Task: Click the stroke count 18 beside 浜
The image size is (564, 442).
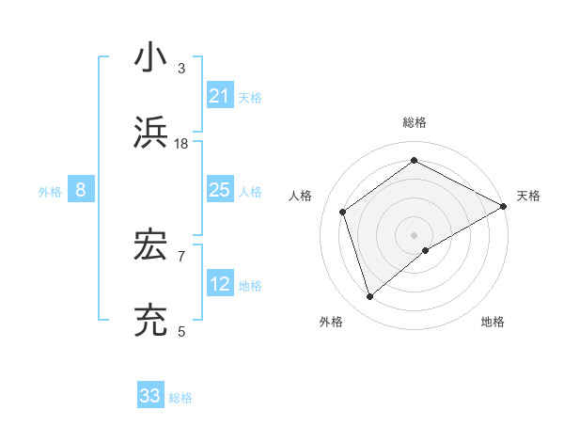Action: point(181,144)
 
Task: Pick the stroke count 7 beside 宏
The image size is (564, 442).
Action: point(181,256)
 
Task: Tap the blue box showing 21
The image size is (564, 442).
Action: point(220,96)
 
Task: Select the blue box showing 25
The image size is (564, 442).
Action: point(220,190)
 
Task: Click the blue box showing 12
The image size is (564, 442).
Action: point(220,284)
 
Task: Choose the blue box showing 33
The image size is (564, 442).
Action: point(150,396)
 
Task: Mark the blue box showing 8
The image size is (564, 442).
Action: point(81,190)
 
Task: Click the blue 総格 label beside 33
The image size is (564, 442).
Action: point(181,398)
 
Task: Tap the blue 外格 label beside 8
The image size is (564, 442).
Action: point(50,192)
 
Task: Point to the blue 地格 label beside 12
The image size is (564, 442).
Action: point(251,286)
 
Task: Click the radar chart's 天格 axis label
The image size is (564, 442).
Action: point(528,196)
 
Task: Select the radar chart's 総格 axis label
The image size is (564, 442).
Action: point(415,122)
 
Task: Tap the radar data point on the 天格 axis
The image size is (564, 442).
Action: point(504,205)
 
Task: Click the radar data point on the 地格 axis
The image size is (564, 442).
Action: point(426,250)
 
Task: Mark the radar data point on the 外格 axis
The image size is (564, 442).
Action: point(370,297)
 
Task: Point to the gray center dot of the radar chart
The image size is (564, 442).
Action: point(415,234)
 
